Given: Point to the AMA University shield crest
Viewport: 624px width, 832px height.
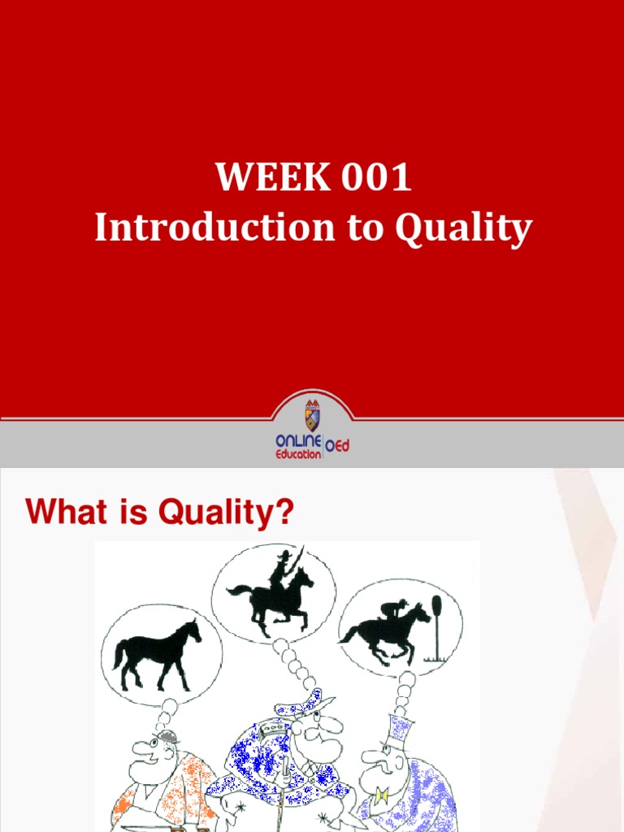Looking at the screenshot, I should pyautogui.click(x=312, y=416).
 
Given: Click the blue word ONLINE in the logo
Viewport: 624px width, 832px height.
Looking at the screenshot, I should pyautogui.click(x=298, y=440).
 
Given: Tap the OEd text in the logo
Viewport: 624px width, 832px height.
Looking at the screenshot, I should pyautogui.click(x=337, y=445).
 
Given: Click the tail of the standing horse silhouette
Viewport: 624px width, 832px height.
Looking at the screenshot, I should pyautogui.click(x=119, y=653).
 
